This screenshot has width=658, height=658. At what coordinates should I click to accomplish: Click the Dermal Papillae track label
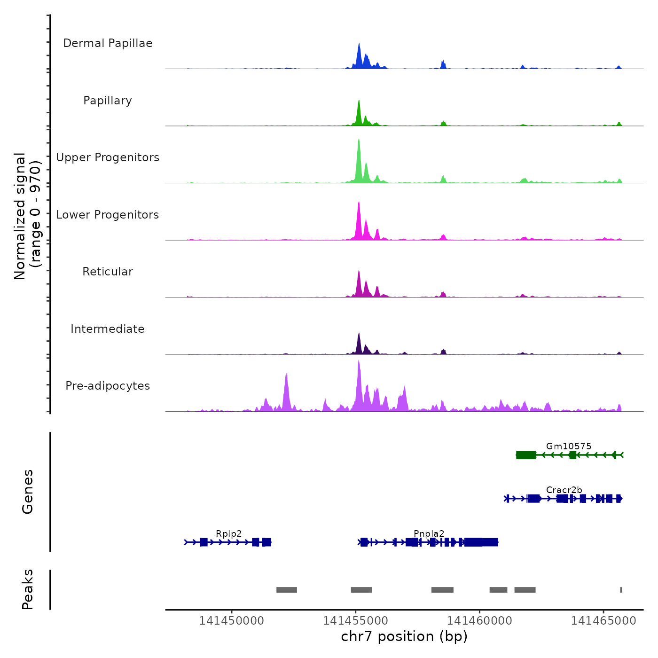[x=108, y=43]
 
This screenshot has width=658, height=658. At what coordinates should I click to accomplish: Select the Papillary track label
[x=108, y=101]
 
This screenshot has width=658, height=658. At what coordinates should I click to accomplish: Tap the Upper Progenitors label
[x=108, y=157]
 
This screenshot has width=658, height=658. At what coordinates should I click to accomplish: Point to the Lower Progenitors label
[x=108, y=215]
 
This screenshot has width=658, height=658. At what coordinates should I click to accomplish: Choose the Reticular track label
[x=108, y=272]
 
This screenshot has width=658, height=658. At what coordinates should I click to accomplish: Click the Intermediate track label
[x=108, y=329]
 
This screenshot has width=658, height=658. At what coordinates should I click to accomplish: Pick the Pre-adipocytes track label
[x=108, y=386]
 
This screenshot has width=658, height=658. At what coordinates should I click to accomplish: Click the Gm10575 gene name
[x=569, y=446]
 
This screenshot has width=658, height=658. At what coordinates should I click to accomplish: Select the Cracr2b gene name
[x=564, y=490]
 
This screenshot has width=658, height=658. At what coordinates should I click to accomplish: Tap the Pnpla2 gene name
[x=429, y=533]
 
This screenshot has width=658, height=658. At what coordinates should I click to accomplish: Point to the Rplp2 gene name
[x=229, y=533]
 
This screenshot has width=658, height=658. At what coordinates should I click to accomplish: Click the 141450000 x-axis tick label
[x=232, y=620]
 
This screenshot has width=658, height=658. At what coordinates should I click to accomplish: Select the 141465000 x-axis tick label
[x=603, y=620]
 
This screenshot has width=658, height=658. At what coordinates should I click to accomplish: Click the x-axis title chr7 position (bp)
[x=404, y=636]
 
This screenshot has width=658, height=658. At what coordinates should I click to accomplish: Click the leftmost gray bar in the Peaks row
[x=287, y=590]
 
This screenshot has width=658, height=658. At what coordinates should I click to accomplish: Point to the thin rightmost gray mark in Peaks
[x=621, y=590]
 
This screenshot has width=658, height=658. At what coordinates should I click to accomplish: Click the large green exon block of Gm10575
[x=526, y=454]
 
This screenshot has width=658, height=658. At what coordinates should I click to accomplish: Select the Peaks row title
[x=28, y=589]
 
